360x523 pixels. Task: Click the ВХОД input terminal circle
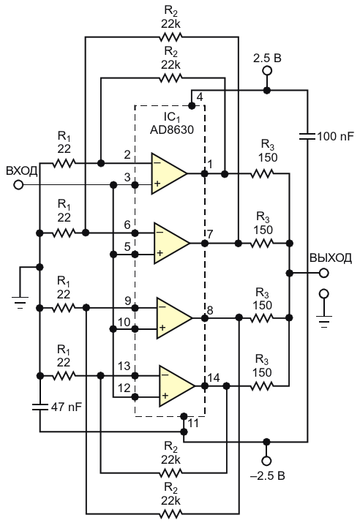click(18, 184)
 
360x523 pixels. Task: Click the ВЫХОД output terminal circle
click(323, 273)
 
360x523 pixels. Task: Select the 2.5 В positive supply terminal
click(266, 71)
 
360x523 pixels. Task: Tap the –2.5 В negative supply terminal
click(266, 461)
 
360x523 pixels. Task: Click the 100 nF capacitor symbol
click(307, 136)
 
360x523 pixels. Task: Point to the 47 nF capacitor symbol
click(40, 407)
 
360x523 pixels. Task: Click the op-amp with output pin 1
click(169, 173)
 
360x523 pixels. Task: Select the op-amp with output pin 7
click(171, 243)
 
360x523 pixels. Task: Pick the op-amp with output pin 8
click(174, 318)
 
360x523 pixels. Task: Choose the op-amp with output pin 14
click(176, 386)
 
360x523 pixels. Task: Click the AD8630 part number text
click(172, 129)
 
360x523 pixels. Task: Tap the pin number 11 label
click(193, 424)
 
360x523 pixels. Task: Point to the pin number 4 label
click(200, 97)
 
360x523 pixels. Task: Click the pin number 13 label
click(124, 366)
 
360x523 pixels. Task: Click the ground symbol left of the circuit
click(20, 302)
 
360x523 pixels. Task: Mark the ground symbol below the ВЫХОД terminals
click(323, 321)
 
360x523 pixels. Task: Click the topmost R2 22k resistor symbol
click(170, 37)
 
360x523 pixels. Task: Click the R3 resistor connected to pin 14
click(262, 386)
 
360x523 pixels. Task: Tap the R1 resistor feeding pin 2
click(64, 163)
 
